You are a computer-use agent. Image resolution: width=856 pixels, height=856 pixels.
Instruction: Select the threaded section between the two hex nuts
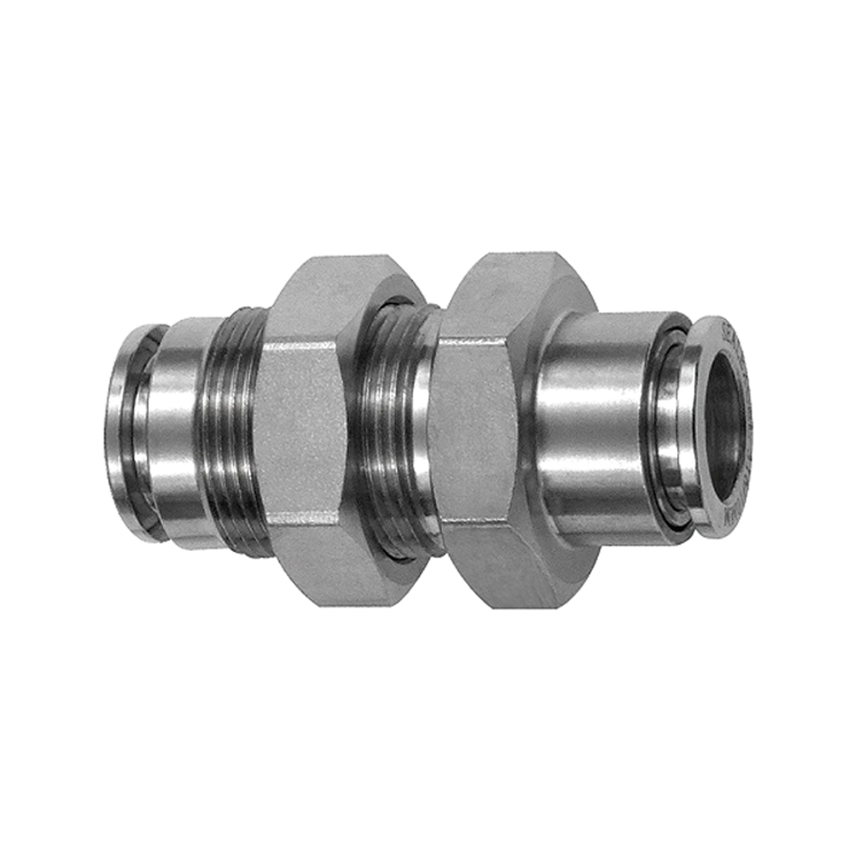390,425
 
